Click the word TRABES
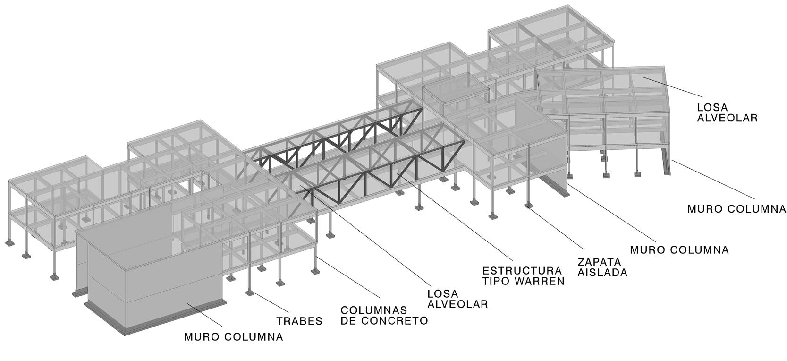(x=299, y=321)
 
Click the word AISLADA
(x=602, y=273)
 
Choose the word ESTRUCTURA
(x=522, y=271)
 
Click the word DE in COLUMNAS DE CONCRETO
(x=349, y=321)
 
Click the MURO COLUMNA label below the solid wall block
(x=234, y=337)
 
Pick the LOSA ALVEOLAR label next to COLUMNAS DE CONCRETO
(x=457, y=299)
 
